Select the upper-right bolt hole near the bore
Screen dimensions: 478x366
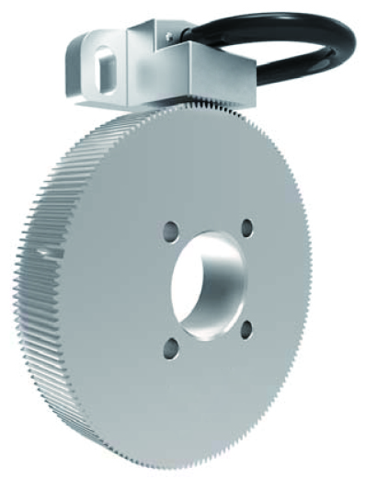(x=246, y=225)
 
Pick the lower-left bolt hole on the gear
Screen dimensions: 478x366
(x=171, y=347)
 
